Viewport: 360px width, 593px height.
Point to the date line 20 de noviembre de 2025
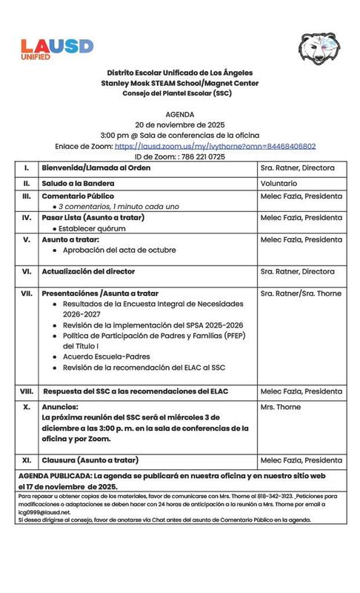click(179, 125)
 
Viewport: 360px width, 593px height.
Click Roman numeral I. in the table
click(27, 168)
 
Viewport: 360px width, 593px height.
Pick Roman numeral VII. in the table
click(27, 294)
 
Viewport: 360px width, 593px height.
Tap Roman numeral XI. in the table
click(27, 460)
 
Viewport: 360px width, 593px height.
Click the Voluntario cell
click(279, 182)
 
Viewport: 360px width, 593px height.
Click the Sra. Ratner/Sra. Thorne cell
click(301, 294)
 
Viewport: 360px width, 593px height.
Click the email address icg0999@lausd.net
click(43, 511)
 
